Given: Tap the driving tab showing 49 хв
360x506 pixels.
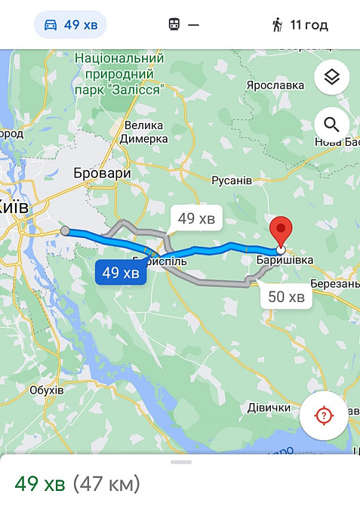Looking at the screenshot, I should [x=70, y=25].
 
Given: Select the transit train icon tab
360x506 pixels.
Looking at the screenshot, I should [x=183, y=25].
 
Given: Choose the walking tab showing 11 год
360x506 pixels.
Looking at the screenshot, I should [x=299, y=25].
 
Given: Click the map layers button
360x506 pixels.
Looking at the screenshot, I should [x=331, y=77].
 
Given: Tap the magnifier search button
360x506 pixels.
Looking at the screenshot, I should [x=331, y=124].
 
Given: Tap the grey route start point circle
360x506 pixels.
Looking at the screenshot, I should [x=65, y=231].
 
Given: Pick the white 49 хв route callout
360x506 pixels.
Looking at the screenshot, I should [x=196, y=220].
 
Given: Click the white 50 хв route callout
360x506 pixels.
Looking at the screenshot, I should [x=287, y=297].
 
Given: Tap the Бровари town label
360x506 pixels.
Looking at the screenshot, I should [x=102, y=173].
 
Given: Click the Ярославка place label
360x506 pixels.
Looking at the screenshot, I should [x=275, y=85].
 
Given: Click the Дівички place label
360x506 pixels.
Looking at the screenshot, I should [x=269, y=408].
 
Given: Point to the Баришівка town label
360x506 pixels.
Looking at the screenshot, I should [x=285, y=261].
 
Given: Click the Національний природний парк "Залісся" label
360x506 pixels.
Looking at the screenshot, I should [x=119, y=74].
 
